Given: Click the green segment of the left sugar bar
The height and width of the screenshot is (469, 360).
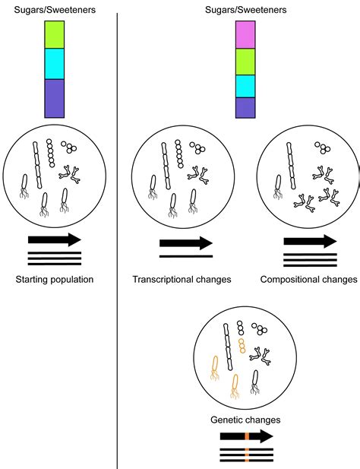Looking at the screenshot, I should coord(55,35).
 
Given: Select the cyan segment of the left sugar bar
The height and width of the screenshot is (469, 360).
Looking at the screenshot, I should coord(55,64).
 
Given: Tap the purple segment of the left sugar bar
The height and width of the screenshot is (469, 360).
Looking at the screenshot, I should coord(55,97).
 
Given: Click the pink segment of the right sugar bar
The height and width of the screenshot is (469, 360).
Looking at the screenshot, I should coord(245,35).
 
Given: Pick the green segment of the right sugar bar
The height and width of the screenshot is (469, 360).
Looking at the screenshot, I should coord(245,62).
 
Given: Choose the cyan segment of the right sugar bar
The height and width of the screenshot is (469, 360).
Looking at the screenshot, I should coord(245,86).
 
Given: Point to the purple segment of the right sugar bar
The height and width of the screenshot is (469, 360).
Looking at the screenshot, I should coord(245,108).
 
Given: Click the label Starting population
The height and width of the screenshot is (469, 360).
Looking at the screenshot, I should coord(54,280).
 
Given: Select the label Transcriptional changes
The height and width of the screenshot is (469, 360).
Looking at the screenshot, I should coord(182,280).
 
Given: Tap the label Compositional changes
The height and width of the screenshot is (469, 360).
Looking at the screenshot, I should coord(308,280).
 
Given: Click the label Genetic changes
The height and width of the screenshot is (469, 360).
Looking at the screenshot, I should coord(246,420).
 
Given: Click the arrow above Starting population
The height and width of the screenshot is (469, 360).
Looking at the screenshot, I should coord(55,239).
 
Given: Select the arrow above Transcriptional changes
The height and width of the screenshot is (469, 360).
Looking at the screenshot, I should coord(185,243).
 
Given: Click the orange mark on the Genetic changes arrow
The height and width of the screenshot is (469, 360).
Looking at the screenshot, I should coord(247,436).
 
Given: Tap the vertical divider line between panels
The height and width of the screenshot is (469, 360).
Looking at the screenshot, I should coord(118,228).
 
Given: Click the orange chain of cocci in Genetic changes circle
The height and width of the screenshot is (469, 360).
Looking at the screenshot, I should coord(242,346).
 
